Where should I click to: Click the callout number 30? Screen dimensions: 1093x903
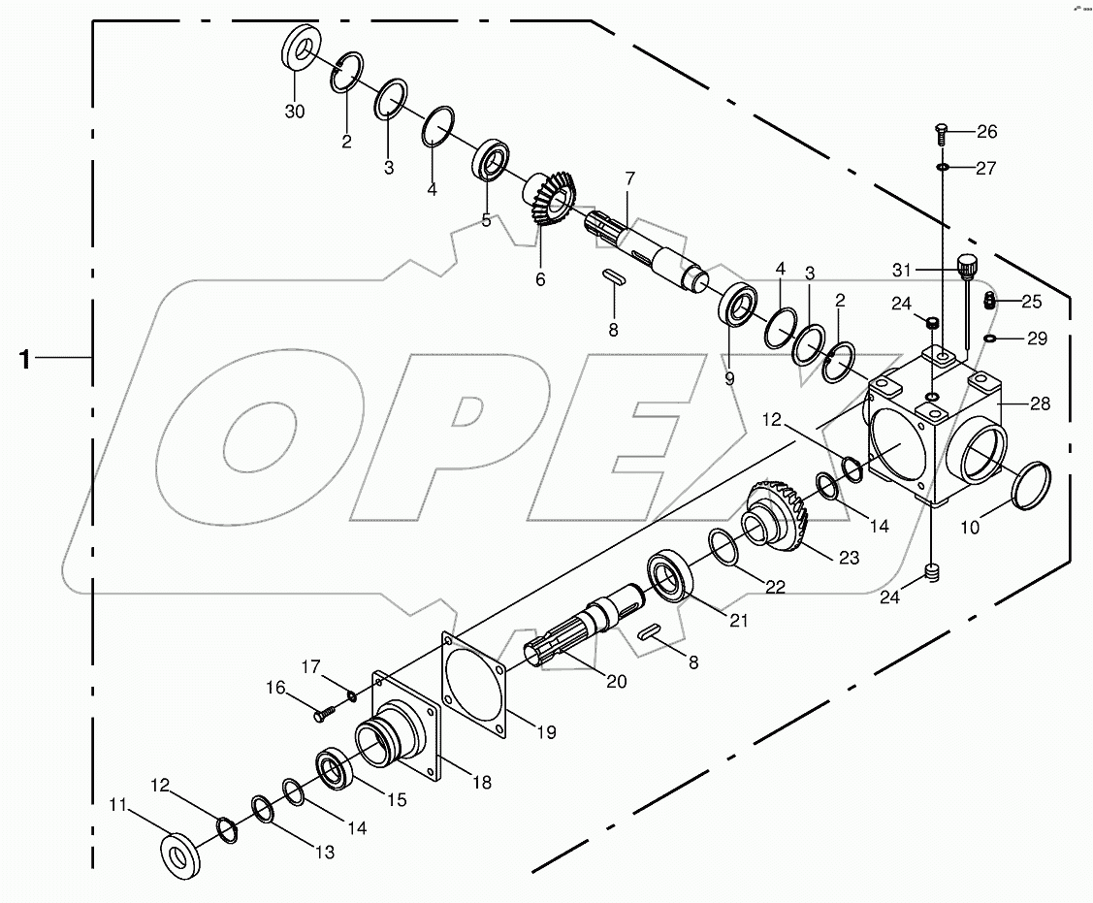pos(294,112)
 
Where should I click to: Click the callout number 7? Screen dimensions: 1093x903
pos(629,178)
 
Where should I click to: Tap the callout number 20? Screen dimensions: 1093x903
pos(617,682)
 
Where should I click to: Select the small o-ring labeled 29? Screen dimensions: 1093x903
pos(989,339)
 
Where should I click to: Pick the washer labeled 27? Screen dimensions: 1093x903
pos(942,168)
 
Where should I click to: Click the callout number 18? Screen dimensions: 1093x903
pos(482,782)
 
